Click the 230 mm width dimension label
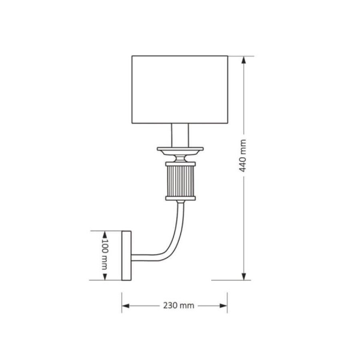(179, 305)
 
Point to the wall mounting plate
(128, 255)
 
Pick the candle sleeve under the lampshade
(180, 134)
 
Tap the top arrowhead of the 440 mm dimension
(244, 59)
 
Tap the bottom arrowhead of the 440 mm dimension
(244, 277)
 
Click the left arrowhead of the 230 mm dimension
(125, 305)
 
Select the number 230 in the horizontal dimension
(171, 305)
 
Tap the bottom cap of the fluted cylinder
(179, 200)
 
